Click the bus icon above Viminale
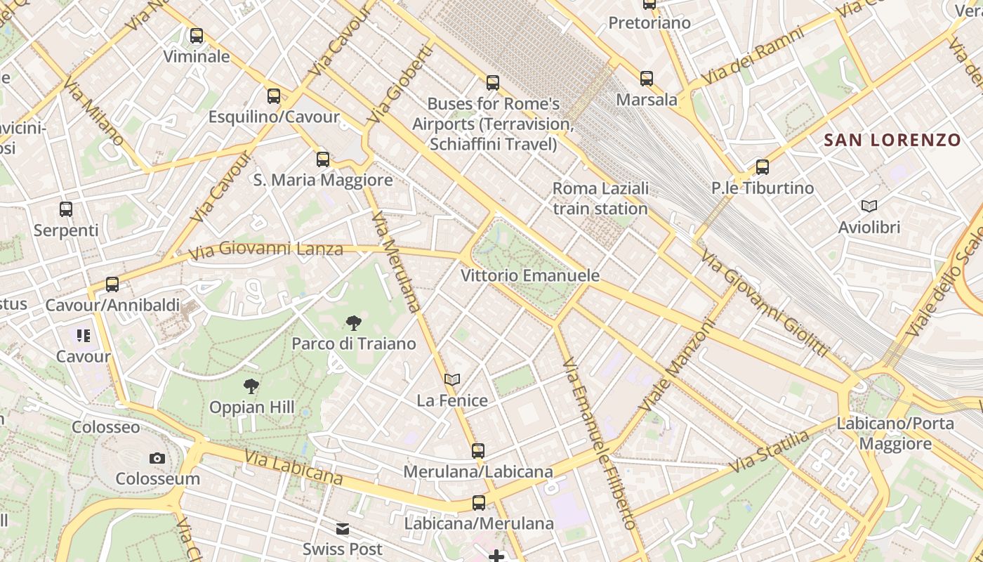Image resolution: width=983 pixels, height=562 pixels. click(x=197, y=36)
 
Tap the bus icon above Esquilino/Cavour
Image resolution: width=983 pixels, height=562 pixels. click(x=274, y=96)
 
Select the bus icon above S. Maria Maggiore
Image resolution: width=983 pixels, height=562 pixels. click(x=323, y=159)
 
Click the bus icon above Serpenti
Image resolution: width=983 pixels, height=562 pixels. click(x=66, y=209)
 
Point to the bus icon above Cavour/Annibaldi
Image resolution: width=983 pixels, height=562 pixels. click(x=112, y=285)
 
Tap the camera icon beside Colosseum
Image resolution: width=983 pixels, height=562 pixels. click(x=157, y=459)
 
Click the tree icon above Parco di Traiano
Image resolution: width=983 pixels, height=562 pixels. click(x=354, y=323)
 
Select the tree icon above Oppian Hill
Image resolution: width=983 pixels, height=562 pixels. click(x=251, y=386)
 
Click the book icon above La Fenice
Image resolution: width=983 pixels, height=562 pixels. click(x=452, y=380)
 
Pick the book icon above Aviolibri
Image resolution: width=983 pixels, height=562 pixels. click(x=869, y=207)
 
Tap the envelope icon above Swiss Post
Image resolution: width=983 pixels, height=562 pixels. click(x=343, y=529)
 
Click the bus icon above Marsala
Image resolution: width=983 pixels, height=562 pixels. click(x=647, y=79)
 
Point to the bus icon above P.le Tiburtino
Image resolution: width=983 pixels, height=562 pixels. click(x=763, y=167)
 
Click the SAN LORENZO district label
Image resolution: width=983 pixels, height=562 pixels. click(x=892, y=140)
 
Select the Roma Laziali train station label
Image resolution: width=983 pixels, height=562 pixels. click(x=600, y=199)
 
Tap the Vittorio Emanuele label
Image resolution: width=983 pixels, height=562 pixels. click(x=530, y=275)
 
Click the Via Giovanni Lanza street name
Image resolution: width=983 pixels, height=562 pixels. click(x=266, y=249)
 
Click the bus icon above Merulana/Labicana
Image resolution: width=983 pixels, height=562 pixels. click(x=478, y=451)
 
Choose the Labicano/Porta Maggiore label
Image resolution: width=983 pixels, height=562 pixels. click(x=895, y=433)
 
